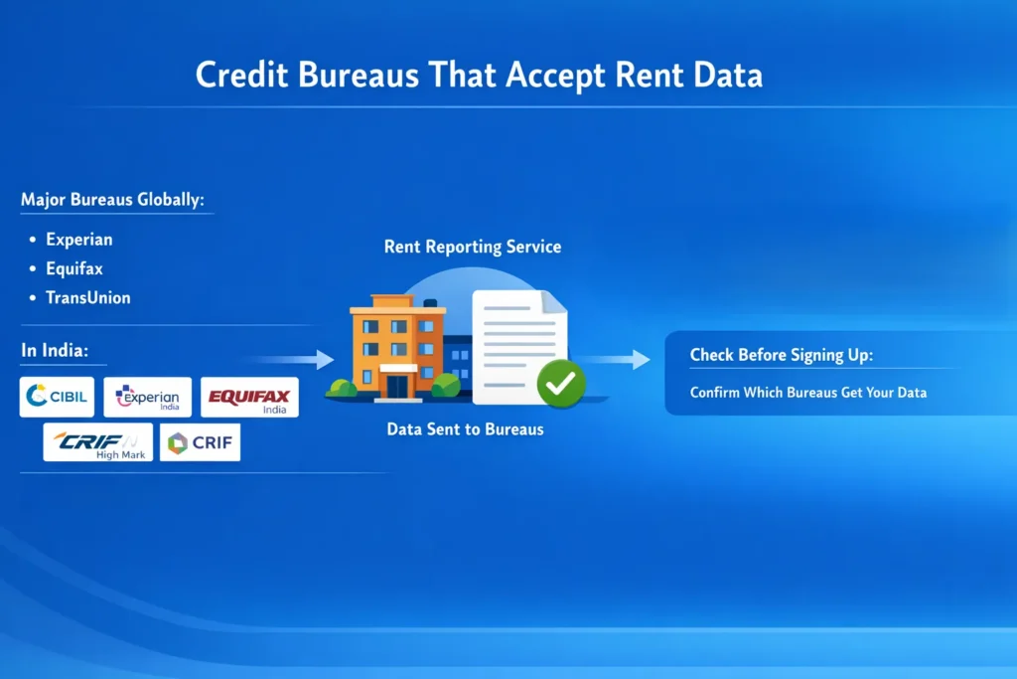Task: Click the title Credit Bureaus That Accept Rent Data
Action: coord(479,76)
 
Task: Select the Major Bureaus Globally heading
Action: coord(112,200)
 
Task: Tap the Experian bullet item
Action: coord(79,240)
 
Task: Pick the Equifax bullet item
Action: coord(74,268)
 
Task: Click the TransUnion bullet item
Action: coord(88,297)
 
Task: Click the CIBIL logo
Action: coord(58,397)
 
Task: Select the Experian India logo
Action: coord(147,397)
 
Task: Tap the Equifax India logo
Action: coord(248,397)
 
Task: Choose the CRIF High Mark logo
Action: coord(97,442)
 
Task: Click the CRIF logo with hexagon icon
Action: coord(200,442)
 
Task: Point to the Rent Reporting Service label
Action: coord(473,247)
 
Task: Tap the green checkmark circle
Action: coord(561,383)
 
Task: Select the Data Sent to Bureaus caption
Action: coord(465,430)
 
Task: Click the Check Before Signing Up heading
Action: coord(782,355)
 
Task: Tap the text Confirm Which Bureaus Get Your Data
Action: coord(808,393)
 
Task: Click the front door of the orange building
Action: coord(398,384)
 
